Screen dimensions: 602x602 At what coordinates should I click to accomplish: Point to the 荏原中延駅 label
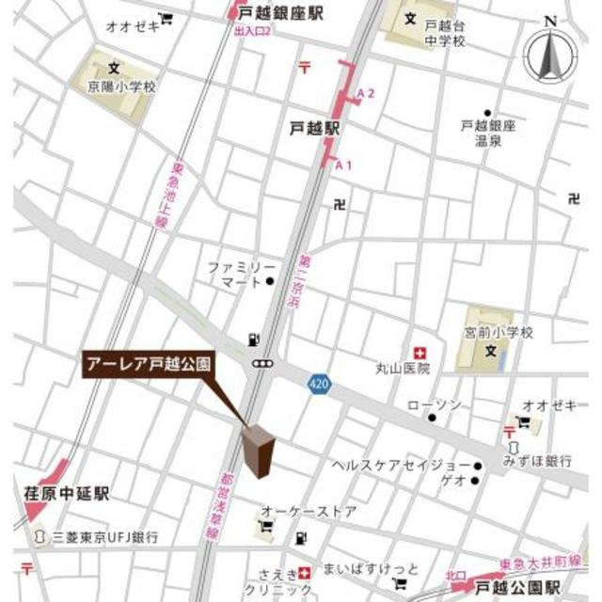[x=67, y=492]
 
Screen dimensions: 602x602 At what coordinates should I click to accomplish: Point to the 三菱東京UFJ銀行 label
[x=105, y=536]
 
